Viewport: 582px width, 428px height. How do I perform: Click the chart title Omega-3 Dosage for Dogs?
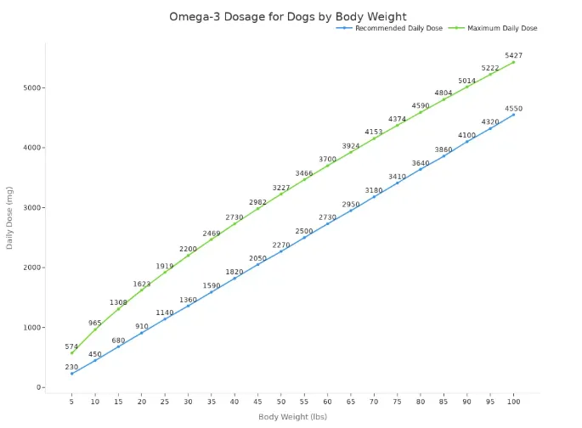pyautogui.click(x=287, y=16)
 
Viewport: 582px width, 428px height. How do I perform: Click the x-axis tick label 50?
pyautogui.click(x=280, y=401)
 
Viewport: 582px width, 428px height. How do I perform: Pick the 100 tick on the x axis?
pyautogui.click(x=513, y=401)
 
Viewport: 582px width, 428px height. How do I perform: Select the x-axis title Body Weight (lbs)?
pyautogui.click(x=292, y=416)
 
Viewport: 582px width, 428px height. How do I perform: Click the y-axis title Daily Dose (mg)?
pyautogui.click(x=10, y=217)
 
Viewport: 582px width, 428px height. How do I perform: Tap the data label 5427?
pyautogui.click(x=513, y=55)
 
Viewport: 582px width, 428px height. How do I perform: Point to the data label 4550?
pyautogui.click(x=513, y=109)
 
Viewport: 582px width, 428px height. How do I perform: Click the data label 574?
pyautogui.click(x=71, y=346)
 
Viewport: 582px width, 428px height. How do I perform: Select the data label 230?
pyautogui.click(x=71, y=367)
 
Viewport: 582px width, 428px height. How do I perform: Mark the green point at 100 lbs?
pyautogui.click(x=513, y=62)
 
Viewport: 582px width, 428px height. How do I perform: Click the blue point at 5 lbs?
pyautogui.click(x=71, y=374)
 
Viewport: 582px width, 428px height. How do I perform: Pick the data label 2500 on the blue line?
pyautogui.click(x=304, y=231)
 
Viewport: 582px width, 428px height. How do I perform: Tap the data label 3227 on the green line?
pyautogui.click(x=280, y=188)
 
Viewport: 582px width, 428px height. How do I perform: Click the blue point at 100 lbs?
pyautogui.click(x=513, y=115)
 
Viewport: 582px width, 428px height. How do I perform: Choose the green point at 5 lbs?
pyautogui.click(x=71, y=353)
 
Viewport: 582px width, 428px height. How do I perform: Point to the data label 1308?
pyautogui.click(x=118, y=302)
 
